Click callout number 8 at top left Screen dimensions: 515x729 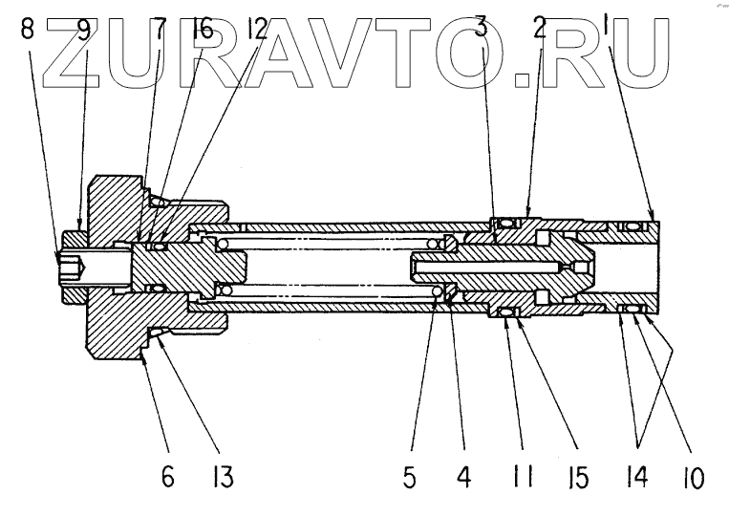pyautogui.click(x=26, y=29)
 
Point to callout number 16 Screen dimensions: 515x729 pyautogui.click(x=202, y=29)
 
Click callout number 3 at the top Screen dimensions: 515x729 pyautogui.click(x=482, y=29)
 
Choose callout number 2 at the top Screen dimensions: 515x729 pyautogui.click(x=540, y=29)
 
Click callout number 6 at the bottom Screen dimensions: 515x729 pyautogui.click(x=169, y=474)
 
